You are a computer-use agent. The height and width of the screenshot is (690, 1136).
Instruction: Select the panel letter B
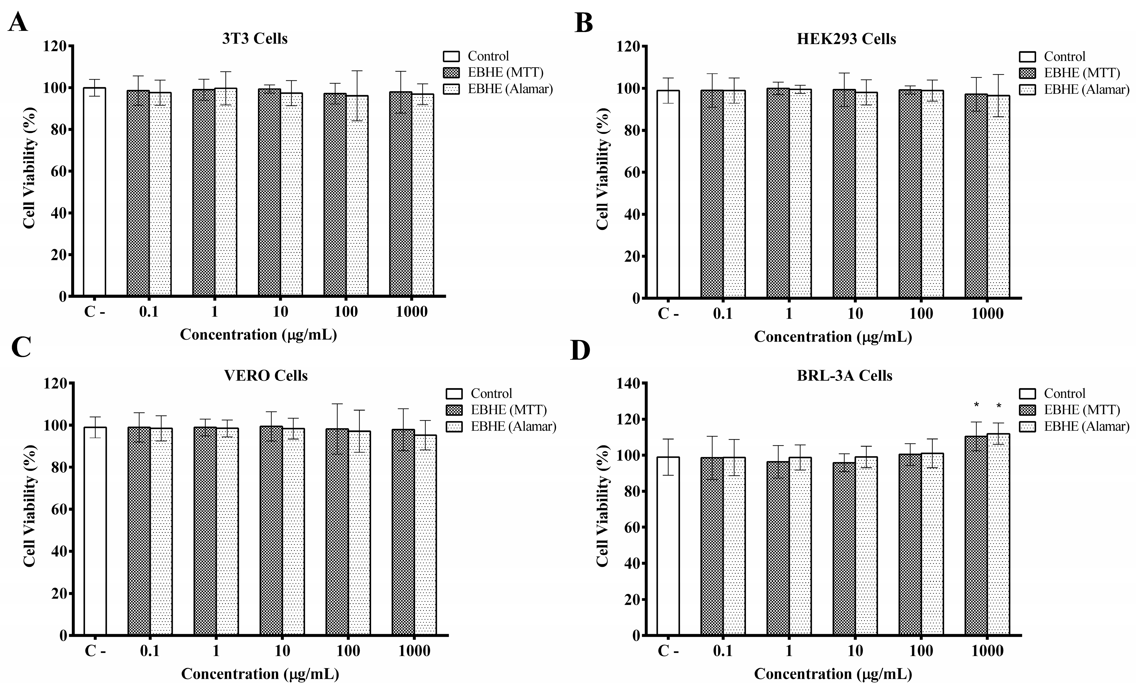pos(584,23)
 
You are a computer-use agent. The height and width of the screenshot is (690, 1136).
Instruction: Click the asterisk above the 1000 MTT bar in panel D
pos(976,406)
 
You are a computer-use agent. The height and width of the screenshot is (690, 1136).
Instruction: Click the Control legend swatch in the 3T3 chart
pos(451,56)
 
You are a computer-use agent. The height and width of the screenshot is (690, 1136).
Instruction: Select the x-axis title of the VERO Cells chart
pos(260,674)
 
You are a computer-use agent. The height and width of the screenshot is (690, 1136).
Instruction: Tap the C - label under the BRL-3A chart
pos(668,651)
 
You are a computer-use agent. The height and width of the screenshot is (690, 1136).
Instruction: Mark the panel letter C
pos(21,347)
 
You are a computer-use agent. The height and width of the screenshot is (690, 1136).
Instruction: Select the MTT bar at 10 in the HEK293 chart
pos(844,194)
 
